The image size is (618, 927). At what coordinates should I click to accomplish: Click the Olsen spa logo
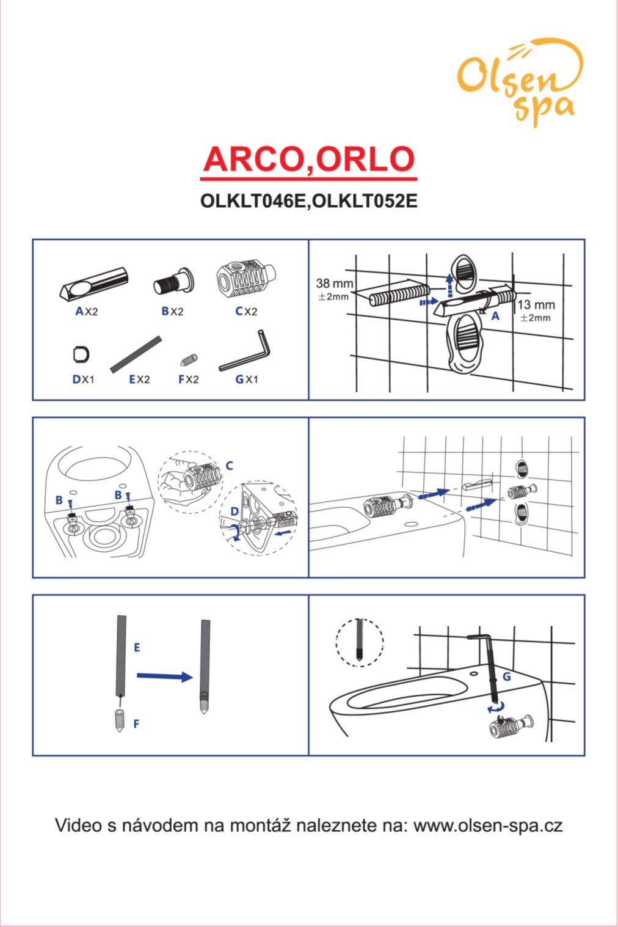coord(520,82)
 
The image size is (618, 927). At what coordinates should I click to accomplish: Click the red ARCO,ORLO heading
coord(308,159)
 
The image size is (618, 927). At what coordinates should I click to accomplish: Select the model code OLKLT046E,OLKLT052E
coord(308,201)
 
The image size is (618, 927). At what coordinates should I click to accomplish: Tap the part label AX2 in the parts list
coord(87,311)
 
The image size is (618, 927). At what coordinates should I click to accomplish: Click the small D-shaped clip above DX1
coord(81,354)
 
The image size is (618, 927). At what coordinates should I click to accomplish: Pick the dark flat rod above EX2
coord(136,354)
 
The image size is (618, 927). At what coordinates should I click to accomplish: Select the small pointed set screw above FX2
coord(189,361)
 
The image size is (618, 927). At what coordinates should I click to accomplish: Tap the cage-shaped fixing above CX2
coord(246,278)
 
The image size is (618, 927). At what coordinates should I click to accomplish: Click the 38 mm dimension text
coord(335,284)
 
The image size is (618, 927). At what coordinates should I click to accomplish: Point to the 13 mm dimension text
coord(536,305)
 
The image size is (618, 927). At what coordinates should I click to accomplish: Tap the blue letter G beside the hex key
coord(506,676)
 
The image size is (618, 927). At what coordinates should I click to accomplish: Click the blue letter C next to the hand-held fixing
coord(230,466)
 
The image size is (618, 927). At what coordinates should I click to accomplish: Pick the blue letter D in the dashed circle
coord(234,512)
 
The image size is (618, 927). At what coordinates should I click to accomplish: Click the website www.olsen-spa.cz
coord(488,825)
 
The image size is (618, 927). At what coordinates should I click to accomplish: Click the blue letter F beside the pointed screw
coord(137,724)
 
